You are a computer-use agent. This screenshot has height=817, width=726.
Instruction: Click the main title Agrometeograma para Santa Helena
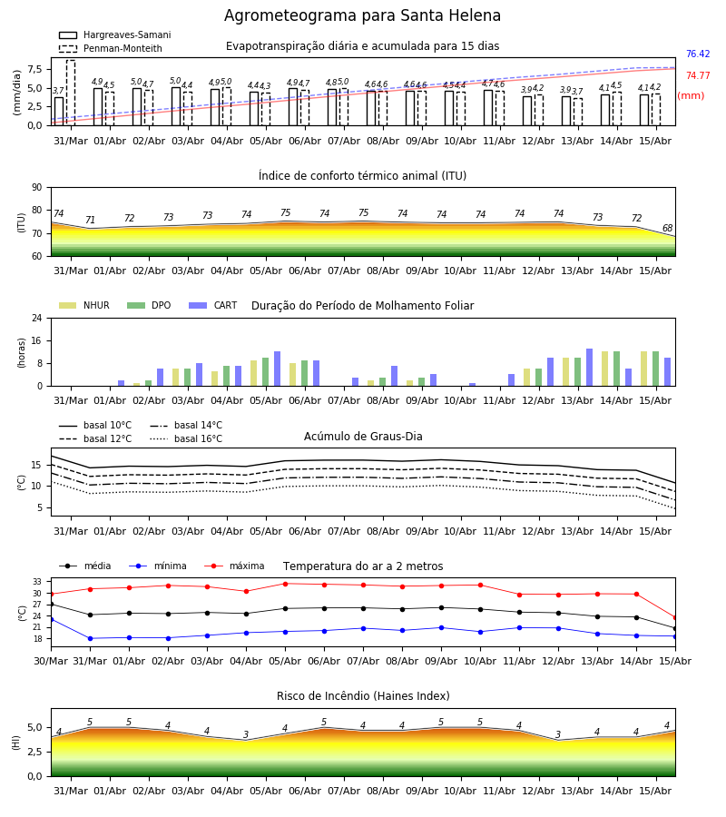362,15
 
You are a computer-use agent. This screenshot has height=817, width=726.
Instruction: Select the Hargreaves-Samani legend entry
114,34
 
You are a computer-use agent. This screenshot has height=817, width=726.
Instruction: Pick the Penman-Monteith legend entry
111,48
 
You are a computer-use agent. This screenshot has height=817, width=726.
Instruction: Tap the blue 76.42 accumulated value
698,54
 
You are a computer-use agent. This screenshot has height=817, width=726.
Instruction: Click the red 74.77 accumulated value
698,75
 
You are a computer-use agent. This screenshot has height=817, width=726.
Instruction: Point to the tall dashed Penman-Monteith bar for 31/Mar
71,93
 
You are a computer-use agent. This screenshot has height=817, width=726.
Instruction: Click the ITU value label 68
667,228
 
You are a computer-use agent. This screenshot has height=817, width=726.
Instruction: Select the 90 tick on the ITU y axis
37,188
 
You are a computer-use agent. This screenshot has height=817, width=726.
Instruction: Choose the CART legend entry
213,305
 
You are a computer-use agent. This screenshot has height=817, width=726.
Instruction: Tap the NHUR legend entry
84,305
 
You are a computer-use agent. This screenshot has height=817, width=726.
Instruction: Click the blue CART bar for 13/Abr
590,368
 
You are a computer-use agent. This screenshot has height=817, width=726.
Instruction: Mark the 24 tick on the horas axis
37,318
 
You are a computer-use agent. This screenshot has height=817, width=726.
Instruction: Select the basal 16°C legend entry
186,438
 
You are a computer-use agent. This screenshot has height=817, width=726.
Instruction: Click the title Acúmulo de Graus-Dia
363,436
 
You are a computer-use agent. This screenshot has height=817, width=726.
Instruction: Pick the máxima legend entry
234,566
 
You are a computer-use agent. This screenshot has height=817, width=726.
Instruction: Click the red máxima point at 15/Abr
675,618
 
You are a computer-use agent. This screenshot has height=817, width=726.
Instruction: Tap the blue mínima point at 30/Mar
51,619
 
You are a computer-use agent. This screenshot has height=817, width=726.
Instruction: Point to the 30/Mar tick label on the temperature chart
51,661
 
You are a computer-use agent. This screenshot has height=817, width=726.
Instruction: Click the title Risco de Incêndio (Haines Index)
363,696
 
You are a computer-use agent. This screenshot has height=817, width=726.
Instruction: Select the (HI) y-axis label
15,743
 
